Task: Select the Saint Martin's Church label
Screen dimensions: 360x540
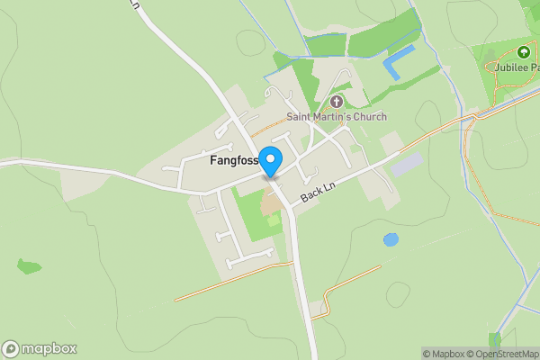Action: point(337,116)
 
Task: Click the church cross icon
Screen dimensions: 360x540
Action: point(337,102)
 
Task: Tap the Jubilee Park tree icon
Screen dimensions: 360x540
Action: point(524,52)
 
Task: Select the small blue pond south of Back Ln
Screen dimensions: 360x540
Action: point(391,240)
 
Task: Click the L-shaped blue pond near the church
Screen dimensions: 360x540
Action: point(397,61)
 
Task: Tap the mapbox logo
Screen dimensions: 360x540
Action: point(40,349)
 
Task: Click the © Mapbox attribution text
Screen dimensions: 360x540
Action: point(443,354)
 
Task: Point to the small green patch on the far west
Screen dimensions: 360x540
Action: point(29,266)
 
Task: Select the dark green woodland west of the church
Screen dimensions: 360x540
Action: point(307,85)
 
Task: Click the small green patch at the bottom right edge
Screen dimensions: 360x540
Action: point(494,340)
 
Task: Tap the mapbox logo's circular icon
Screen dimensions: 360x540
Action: point(11,349)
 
